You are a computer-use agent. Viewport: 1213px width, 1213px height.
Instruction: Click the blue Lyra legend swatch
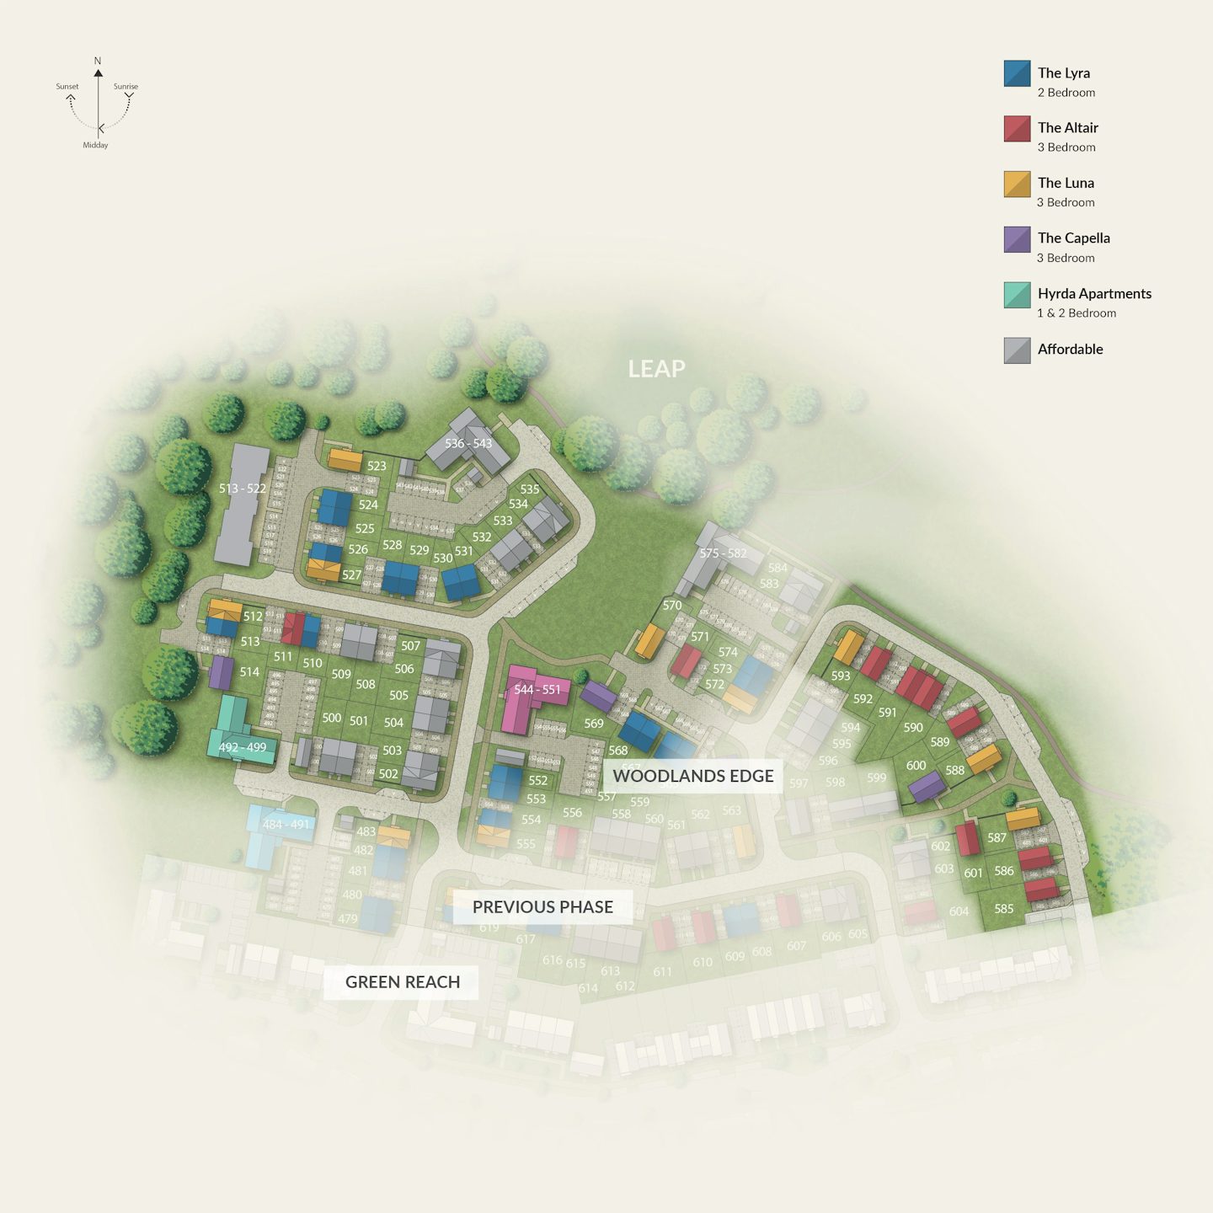coord(1017,73)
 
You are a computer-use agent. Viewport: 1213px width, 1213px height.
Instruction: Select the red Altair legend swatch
coord(1017,129)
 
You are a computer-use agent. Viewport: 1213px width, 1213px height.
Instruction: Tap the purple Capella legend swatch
coord(1017,239)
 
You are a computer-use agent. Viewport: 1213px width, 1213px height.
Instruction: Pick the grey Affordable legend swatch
coord(1017,350)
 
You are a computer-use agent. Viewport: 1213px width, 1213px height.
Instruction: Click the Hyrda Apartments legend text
coord(1093,293)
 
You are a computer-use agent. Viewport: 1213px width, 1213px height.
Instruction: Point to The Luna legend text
coord(1066,183)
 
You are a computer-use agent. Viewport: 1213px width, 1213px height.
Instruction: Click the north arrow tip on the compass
coord(98,72)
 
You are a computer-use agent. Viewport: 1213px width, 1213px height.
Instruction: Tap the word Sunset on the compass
coord(67,87)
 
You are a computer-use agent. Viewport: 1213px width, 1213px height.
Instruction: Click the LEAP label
coord(656,369)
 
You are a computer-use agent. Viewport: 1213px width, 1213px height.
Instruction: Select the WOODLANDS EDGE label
coord(692,776)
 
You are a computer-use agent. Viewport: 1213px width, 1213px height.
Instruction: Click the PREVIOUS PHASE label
coord(542,907)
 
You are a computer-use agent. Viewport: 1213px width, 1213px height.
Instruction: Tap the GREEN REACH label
coord(402,982)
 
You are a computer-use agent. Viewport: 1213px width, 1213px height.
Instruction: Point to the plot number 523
coord(377,466)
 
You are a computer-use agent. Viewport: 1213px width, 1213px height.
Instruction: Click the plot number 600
coord(916,766)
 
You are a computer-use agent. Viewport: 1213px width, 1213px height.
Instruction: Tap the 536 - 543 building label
coord(468,444)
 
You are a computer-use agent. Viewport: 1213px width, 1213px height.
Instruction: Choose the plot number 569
coord(594,724)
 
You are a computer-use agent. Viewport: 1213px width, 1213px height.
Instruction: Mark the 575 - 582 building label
coord(723,553)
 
